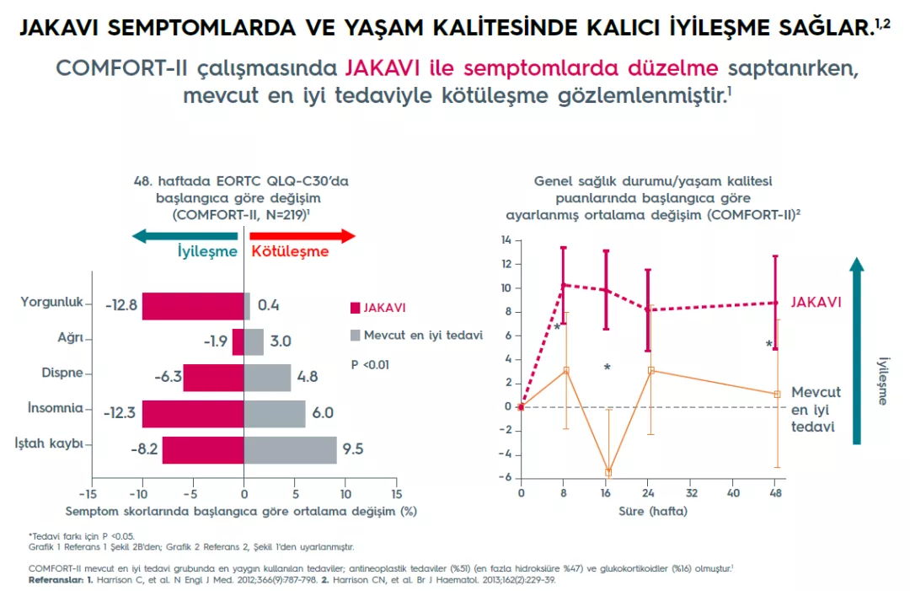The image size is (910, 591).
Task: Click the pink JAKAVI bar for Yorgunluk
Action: (x=192, y=306)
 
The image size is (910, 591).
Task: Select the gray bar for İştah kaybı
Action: (x=291, y=449)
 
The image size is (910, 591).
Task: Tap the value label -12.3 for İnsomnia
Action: (x=120, y=414)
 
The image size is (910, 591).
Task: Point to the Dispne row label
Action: (x=62, y=373)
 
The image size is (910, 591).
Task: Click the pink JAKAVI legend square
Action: (x=355, y=309)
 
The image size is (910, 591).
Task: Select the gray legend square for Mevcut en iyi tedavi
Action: (x=355, y=336)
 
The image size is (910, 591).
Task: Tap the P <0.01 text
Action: (x=371, y=364)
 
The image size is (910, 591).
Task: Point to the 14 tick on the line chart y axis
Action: (x=506, y=240)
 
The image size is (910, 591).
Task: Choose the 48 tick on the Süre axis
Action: (x=775, y=492)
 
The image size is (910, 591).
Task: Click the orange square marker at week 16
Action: (x=608, y=472)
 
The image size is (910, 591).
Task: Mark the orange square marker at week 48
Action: (x=777, y=394)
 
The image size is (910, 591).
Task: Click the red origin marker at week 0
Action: (x=521, y=406)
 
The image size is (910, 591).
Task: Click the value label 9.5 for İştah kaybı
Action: (x=353, y=449)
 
